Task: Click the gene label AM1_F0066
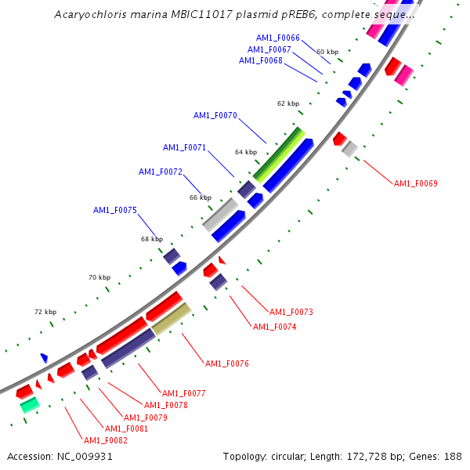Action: [278, 38]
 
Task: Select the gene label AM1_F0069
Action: [415, 183]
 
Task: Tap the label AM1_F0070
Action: [215, 115]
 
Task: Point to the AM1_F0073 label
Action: [291, 312]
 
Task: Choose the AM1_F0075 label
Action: [115, 210]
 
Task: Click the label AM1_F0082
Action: [106, 440]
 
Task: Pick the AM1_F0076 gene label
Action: [226, 363]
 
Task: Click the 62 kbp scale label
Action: [288, 103]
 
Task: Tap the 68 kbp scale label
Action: [152, 239]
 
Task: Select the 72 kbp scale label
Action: [45, 312]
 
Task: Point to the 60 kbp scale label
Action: [327, 52]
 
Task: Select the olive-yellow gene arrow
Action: [172, 319]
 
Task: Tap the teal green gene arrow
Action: [29, 405]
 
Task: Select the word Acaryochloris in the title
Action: [87, 15]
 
